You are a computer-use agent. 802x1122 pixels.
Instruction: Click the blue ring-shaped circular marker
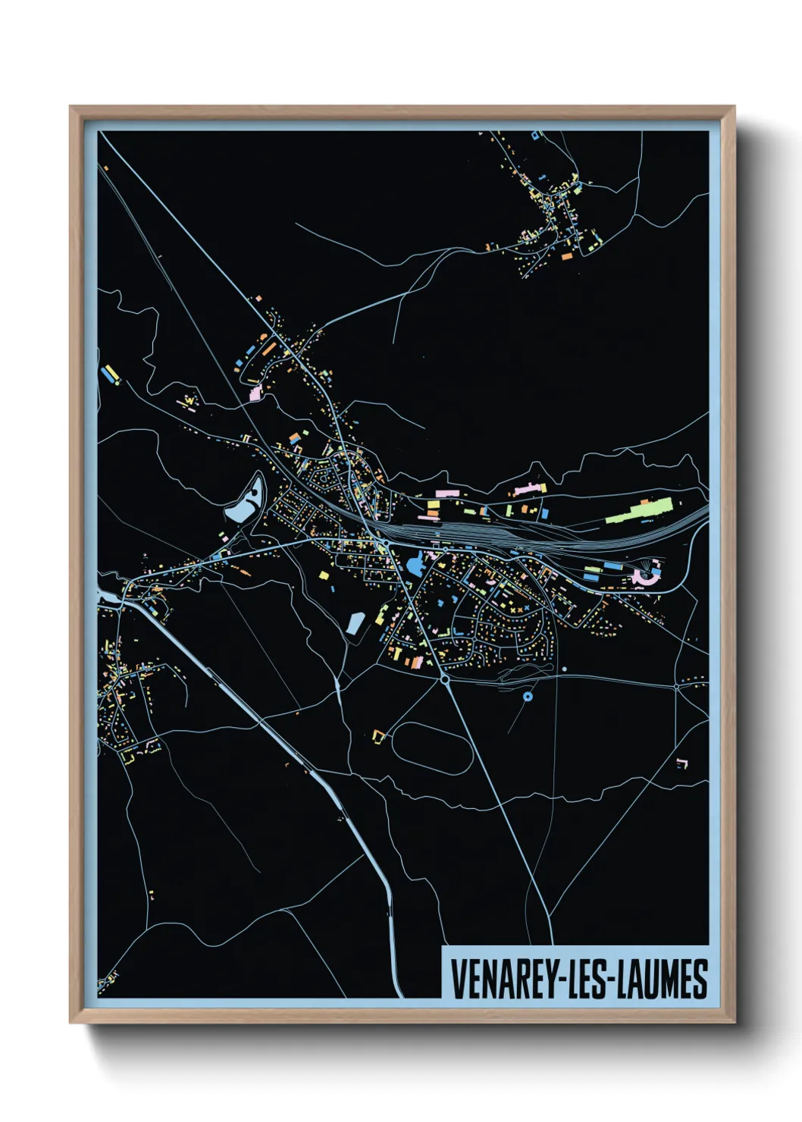coord(528,696)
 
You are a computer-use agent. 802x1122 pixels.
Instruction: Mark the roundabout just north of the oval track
coord(444,680)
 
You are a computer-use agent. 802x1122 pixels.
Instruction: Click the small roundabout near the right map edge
coord(676,687)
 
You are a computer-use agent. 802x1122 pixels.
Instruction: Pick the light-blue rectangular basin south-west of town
coord(355,624)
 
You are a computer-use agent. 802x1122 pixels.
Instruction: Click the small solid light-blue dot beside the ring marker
coord(565,669)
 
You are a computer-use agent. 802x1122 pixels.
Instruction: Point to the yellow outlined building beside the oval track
coord(378,735)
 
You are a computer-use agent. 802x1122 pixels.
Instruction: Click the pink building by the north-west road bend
coord(255,393)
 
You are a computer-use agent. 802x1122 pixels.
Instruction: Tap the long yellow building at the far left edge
coord(111,373)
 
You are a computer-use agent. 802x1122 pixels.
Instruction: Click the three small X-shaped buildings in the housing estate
coord(515,608)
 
